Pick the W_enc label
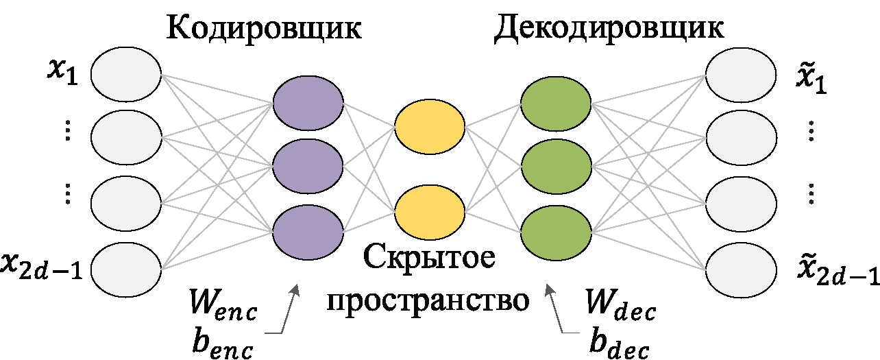click(x=225, y=309)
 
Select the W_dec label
click(x=621, y=309)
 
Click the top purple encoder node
click(x=308, y=104)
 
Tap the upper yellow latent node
click(x=430, y=128)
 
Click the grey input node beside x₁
click(x=125, y=73)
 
